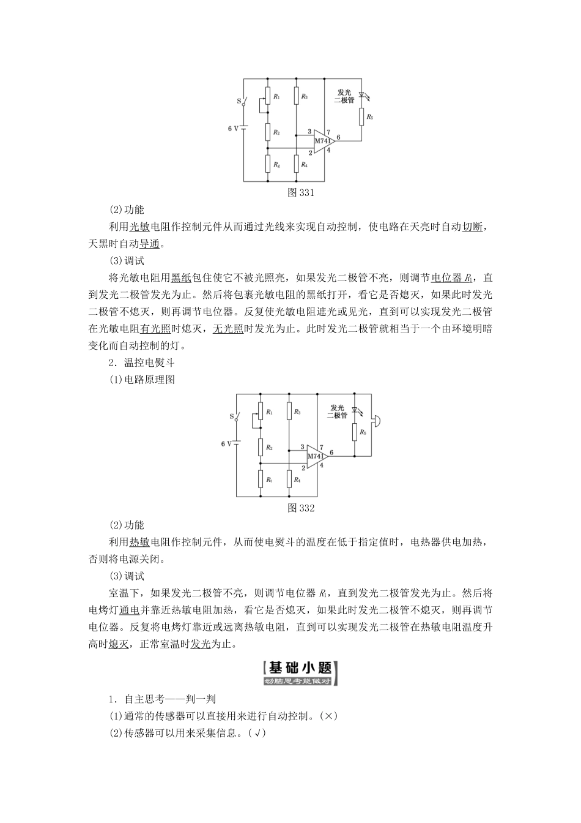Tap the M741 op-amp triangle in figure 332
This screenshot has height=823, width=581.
316,456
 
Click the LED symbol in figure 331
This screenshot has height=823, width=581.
361,96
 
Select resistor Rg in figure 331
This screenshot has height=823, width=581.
267,164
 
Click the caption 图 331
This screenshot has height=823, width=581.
300,193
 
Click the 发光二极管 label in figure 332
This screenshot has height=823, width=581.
337,411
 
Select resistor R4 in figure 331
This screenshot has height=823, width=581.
295,164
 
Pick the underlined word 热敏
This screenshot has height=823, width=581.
139,543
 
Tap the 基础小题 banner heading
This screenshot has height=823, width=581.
299,673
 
